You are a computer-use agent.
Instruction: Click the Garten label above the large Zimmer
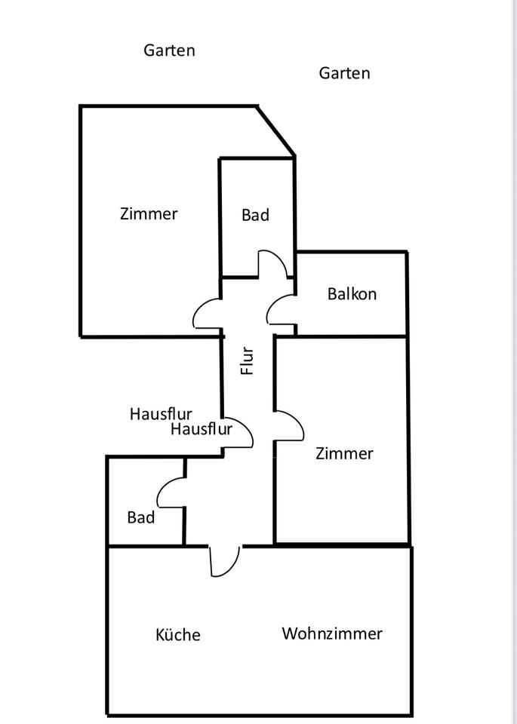[x=169, y=51]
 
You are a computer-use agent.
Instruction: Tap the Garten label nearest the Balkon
[x=344, y=73]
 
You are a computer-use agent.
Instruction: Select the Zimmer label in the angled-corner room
[x=149, y=213]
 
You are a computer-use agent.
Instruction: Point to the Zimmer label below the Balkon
[x=344, y=453]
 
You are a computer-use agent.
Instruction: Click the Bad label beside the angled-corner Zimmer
[x=255, y=215]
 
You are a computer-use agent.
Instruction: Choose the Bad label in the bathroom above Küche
[x=141, y=517]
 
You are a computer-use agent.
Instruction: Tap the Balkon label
[x=352, y=294]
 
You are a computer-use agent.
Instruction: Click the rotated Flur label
[x=248, y=360]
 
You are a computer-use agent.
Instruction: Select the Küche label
[x=178, y=635]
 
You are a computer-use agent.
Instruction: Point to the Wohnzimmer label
[x=332, y=633]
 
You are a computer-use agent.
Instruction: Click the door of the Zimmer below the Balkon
[x=289, y=426]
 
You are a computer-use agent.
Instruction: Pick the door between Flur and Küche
[x=225, y=562]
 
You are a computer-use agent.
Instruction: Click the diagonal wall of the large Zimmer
[x=276, y=131]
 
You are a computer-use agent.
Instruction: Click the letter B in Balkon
[x=332, y=294]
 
